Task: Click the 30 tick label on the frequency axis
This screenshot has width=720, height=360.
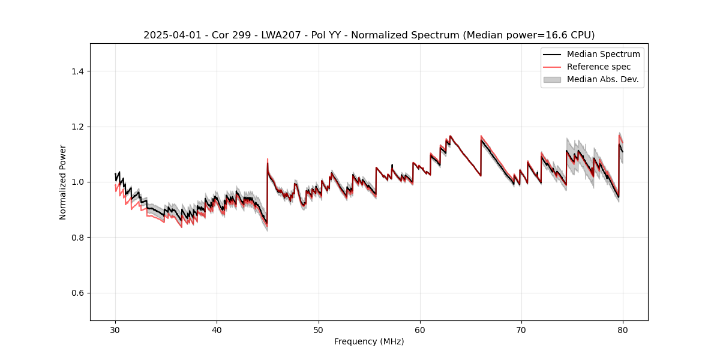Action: coord(115,329)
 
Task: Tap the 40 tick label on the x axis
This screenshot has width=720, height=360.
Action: coord(217,329)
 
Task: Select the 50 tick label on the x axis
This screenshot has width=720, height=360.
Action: coord(319,329)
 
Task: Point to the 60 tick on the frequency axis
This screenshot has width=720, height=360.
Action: coord(420,329)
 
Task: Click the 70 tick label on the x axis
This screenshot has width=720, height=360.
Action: coord(521,329)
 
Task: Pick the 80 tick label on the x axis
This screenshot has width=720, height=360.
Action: coord(623,329)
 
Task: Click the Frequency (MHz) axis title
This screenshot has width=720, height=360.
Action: coord(369,341)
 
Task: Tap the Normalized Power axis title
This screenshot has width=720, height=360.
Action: coord(63,182)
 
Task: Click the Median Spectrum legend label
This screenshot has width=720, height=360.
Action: coord(603,54)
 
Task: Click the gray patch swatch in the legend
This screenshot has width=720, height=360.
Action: coord(552,79)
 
